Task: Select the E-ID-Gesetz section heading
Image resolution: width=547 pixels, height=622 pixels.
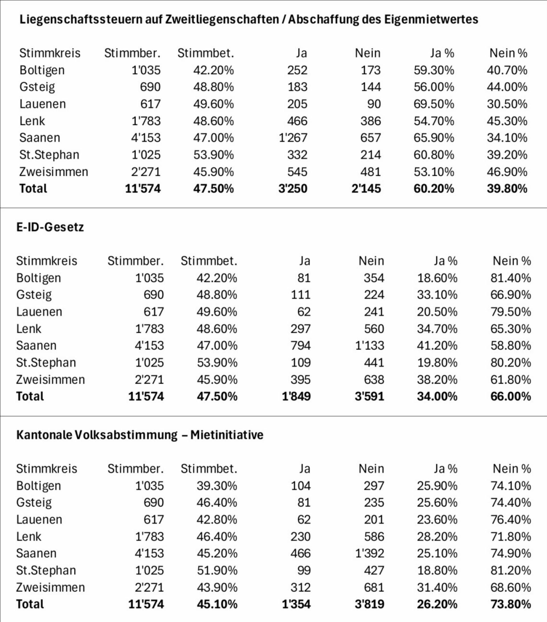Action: coord(50,227)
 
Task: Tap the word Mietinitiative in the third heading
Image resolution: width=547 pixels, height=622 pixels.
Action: coord(227,435)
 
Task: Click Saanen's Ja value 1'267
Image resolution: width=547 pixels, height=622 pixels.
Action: coord(293,138)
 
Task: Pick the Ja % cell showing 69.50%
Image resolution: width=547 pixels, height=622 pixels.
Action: coord(434,104)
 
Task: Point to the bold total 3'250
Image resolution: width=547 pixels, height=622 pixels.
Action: coord(293,189)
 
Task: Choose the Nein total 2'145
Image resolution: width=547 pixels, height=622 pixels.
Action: coord(366,189)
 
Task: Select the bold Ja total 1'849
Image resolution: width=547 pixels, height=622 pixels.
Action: coord(296,397)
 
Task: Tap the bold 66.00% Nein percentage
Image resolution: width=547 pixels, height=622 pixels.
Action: coord(511,397)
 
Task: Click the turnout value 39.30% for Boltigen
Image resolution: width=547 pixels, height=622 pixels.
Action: coord(217,486)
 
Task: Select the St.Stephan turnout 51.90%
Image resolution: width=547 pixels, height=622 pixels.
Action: coord(217,570)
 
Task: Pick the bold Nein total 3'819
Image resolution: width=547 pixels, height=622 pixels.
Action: coord(369,604)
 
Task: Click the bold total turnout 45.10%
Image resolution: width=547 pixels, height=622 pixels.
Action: coord(217,604)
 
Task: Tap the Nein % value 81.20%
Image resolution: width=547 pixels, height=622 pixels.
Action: coord(511,570)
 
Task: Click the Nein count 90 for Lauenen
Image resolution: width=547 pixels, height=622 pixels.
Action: coord(374,104)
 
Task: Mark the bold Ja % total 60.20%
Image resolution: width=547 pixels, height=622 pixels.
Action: coord(434,189)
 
